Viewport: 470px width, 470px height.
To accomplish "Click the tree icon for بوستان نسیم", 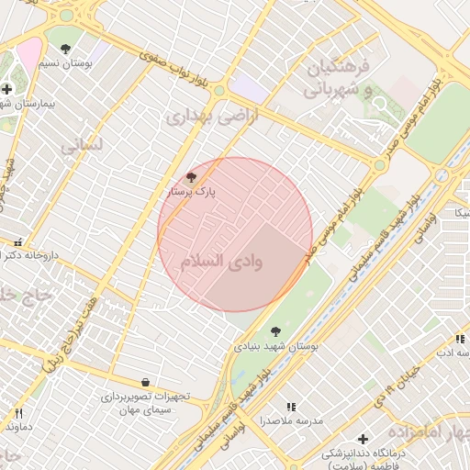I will point(65,47).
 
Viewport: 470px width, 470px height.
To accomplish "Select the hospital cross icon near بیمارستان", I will point(7,89).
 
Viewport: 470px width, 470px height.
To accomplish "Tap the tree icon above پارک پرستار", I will point(191,177).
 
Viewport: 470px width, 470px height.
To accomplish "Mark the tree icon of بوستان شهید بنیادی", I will point(275,331).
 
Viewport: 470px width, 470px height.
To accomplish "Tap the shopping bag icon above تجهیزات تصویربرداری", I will point(145,382).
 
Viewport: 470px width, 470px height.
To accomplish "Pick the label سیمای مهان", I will point(145,410).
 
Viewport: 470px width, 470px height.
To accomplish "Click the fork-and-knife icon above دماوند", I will point(18,413).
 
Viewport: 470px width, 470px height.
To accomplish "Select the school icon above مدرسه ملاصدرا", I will point(291,406).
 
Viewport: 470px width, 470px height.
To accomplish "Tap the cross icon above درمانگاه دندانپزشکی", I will point(363,439).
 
